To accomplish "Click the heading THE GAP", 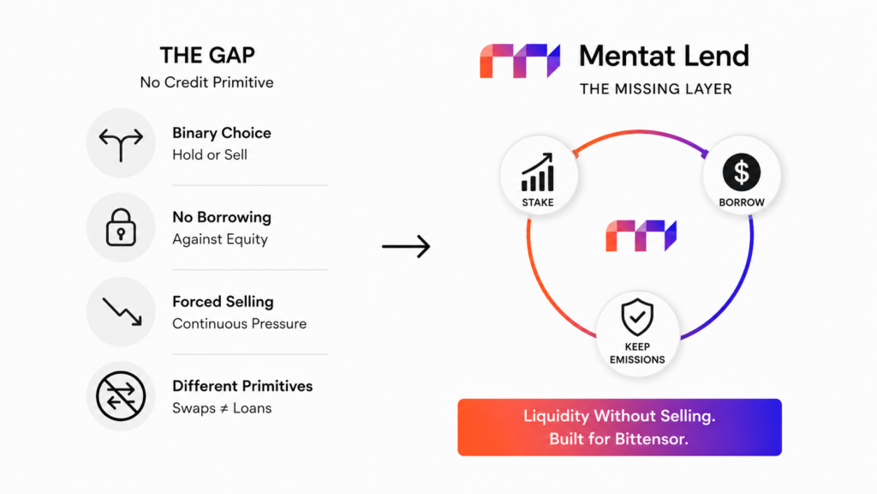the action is tap(207, 55).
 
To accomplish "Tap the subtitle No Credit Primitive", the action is tap(207, 82).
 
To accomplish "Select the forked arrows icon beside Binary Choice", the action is tap(121, 144).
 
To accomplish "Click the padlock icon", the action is tap(121, 227).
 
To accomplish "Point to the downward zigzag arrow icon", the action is tap(122, 310).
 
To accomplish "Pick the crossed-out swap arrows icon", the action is tap(121, 396).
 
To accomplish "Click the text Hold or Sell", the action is tap(210, 155).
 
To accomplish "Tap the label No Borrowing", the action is tap(222, 217).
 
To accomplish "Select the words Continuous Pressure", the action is tap(240, 323).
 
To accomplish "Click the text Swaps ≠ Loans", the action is tap(222, 408).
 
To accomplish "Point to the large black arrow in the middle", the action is tap(406, 246).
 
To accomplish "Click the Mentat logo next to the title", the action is tap(520, 61).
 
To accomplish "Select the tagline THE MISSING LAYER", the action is tap(656, 89).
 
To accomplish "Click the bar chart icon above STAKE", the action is tap(538, 172).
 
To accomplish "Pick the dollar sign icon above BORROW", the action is tap(742, 172).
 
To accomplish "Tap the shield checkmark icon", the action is tap(637, 317).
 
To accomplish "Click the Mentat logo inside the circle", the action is tap(641, 235).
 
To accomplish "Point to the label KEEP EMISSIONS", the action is tap(637, 353).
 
